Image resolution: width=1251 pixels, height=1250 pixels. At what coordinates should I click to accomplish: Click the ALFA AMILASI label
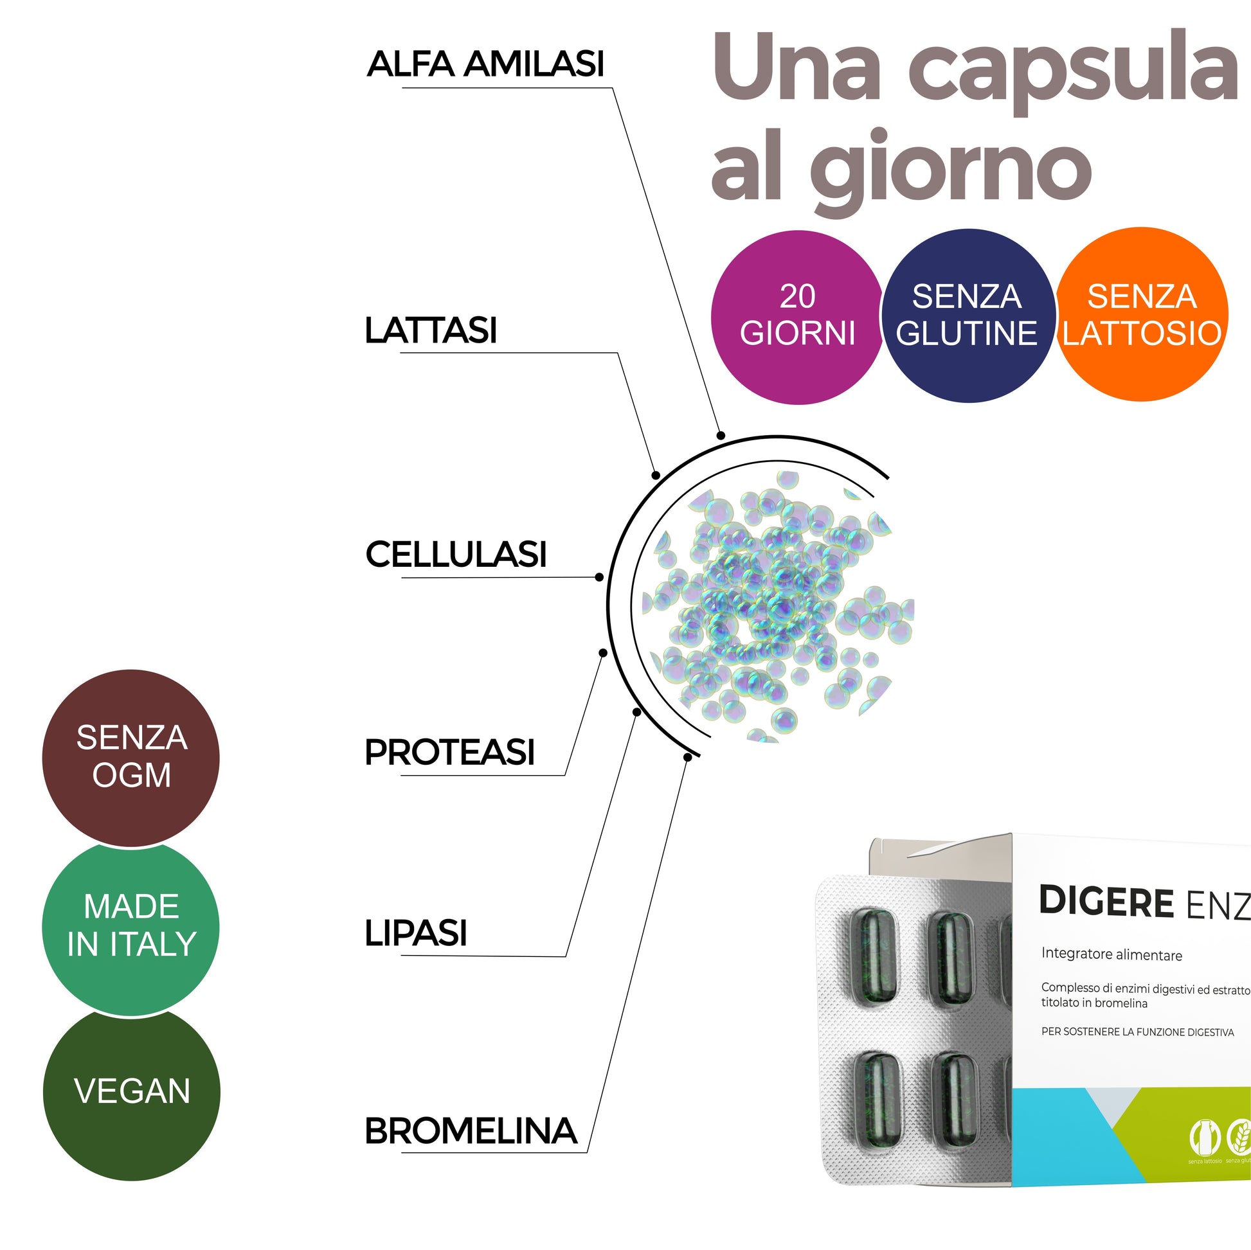(485, 64)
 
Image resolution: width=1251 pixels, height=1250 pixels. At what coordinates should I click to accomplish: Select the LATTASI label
(431, 330)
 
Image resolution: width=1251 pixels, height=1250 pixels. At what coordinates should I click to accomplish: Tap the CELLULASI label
(456, 555)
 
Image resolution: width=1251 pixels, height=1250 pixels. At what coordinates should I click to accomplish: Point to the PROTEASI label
(449, 752)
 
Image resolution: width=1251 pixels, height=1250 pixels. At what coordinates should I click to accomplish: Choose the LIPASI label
(416, 933)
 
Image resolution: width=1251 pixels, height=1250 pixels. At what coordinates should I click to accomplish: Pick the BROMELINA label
(471, 1131)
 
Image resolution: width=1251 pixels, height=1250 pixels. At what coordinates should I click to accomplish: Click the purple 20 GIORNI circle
(797, 317)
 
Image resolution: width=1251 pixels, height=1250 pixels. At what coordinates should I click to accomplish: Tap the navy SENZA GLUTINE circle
(968, 316)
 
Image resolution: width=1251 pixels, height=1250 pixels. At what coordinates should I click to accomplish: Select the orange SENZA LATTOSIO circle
(1142, 315)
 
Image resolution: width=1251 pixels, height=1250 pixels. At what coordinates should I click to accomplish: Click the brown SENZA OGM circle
(130, 758)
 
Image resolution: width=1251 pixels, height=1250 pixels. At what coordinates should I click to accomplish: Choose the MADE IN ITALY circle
(130, 926)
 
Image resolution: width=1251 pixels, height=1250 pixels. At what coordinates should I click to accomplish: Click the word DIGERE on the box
(1106, 902)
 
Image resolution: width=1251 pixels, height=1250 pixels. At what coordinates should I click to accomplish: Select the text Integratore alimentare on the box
(1111, 955)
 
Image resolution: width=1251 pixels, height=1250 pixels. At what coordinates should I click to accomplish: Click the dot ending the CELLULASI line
(599, 576)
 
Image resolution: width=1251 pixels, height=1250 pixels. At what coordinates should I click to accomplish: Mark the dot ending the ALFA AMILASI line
(721, 436)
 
